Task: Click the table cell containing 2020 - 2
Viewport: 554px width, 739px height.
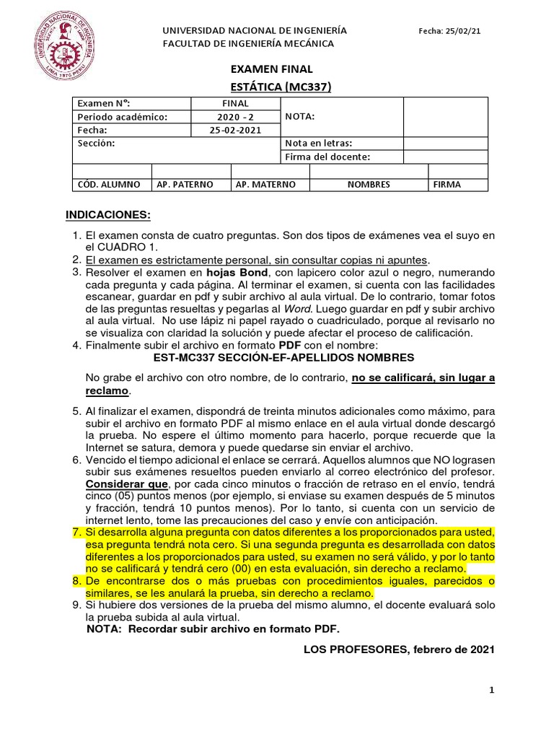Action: click(x=234, y=117)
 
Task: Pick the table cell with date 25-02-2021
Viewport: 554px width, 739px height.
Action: click(x=234, y=131)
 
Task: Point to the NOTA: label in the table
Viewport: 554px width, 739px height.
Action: click(x=300, y=117)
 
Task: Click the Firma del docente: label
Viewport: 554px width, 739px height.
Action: click(x=327, y=157)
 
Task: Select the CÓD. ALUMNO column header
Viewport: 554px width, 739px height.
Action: click(x=109, y=185)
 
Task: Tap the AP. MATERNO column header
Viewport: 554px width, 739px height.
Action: click(x=265, y=185)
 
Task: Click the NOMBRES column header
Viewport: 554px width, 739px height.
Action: click(x=369, y=185)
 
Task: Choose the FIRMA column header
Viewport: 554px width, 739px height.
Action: click(x=447, y=185)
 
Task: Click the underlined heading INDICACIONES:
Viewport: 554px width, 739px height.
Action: click(x=108, y=215)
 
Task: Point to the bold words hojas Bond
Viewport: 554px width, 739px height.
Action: click(x=234, y=272)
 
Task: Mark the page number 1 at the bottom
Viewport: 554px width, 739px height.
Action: click(x=491, y=691)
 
